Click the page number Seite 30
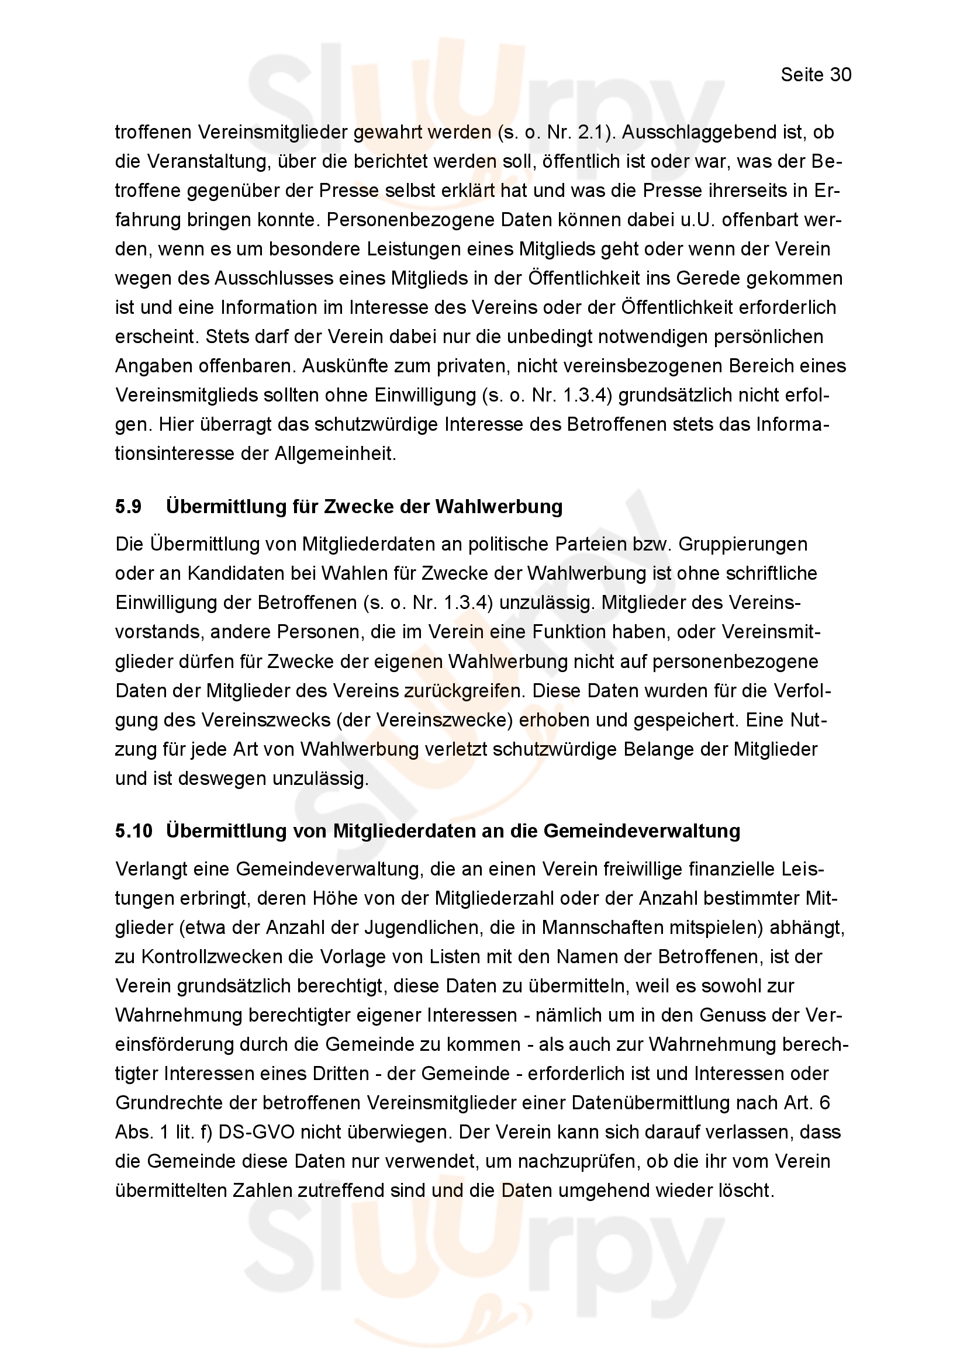tap(816, 75)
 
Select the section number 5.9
tap(128, 507)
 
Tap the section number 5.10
tap(134, 830)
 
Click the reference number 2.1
tap(591, 132)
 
